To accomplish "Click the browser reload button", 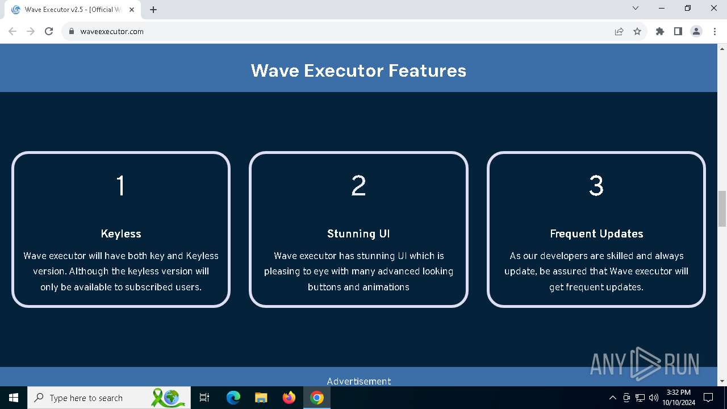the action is (49, 31).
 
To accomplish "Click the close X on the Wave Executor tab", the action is (132, 10).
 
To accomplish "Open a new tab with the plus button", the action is (153, 10).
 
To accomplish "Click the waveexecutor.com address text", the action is (112, 31).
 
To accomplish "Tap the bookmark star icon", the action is (637, 31).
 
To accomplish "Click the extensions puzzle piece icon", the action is (660, 31).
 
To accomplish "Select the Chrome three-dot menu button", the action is (715, 31).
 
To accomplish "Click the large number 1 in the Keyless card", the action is (121, 185).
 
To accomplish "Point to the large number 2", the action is (358, 185).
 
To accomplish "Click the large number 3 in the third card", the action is (596, 185).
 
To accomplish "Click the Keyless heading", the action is (121, 233).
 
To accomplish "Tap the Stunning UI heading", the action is (358, 233).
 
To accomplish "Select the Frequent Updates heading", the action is (596, 233).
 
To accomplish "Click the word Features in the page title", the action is (427, 70).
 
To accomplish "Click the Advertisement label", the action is (358, 381).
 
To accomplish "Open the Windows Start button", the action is (13, 398).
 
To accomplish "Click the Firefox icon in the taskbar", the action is (289, 398).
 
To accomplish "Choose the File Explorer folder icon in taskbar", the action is (261, 398).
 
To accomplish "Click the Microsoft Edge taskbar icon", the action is (233, 398).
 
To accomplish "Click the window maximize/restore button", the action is (687, 9).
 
